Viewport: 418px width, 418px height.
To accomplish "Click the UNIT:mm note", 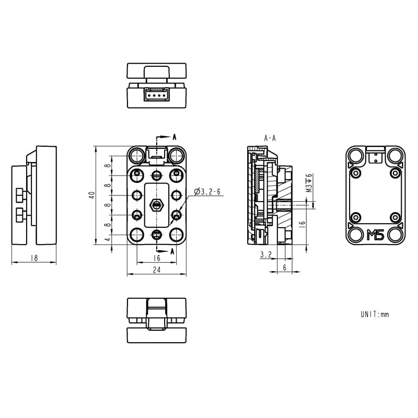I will [375, 315].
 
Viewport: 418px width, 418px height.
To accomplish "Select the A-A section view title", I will [270, 138].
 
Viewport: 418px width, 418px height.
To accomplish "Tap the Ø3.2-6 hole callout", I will [207, 192].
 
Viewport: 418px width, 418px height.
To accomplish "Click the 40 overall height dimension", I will [92, 195].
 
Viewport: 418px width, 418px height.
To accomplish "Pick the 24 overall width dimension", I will [156, 270].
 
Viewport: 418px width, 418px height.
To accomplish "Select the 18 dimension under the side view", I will [34, 258].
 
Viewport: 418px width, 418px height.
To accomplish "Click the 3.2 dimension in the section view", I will [265, 254].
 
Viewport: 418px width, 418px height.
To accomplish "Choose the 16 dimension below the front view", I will [156, 258].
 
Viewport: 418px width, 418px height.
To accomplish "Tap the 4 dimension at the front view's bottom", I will [108, 240].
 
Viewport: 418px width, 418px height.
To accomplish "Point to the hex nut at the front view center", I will [156, 205].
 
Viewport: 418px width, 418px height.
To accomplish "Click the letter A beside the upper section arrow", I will [175, 137].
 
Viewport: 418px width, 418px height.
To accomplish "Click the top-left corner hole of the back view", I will [356, 155].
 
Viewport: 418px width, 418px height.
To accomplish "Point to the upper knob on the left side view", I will [20, 195].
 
